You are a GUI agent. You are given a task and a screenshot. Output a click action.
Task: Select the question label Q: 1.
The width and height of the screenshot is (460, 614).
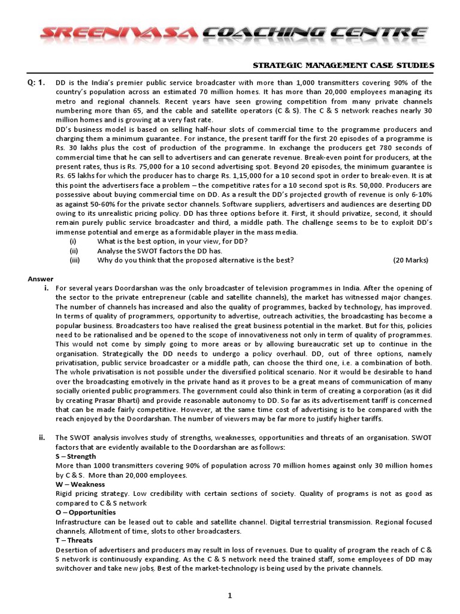[x=37, y=82]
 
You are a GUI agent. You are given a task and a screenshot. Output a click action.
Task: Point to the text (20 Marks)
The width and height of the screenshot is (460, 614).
[x=411, y=260]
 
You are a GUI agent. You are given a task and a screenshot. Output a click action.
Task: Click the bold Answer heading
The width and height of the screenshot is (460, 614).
[x=41, y=279]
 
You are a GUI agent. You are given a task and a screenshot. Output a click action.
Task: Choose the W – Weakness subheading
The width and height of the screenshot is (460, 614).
[x=80, y=484]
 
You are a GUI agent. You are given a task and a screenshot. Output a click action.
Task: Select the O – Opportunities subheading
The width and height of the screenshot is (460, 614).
[x=86, y=513]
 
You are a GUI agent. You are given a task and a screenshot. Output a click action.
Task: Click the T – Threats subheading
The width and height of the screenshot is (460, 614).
[x=74, y=540]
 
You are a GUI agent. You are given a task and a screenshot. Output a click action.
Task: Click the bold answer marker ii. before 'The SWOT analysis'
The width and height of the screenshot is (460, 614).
[x=42, y=437]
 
